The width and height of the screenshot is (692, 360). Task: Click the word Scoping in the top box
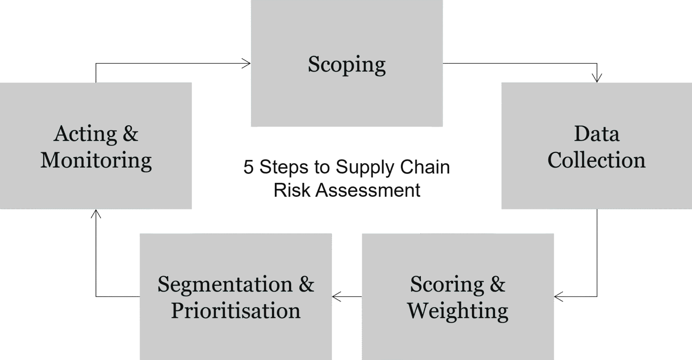(346, 65)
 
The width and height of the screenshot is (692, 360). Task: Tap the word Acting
(85, 134)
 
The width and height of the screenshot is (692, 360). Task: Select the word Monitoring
(96, 161)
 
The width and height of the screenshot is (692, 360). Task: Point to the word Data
(597, 134)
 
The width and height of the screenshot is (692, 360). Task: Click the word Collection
(596, 160)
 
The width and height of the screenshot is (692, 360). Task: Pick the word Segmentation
(225, 284)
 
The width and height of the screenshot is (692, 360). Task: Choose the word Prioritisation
(236, 310)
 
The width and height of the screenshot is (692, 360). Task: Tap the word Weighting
(458, 311)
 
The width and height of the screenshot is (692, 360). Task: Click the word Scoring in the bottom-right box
(447, 285)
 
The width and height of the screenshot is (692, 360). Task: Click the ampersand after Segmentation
(306, 284)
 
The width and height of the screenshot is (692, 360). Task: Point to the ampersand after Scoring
(497, 284)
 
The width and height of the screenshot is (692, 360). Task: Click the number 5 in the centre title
(248, 167)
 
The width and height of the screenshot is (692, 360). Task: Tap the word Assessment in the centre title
(368, 190)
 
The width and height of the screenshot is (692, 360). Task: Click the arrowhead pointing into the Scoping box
(246, 64)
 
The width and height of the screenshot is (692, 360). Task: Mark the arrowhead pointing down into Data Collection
(597, 78)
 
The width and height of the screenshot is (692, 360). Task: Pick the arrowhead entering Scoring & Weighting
(559, 296)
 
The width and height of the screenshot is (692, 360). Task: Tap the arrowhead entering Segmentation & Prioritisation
(337, 296)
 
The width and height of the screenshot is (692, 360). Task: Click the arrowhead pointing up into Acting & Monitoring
(96, 214)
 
